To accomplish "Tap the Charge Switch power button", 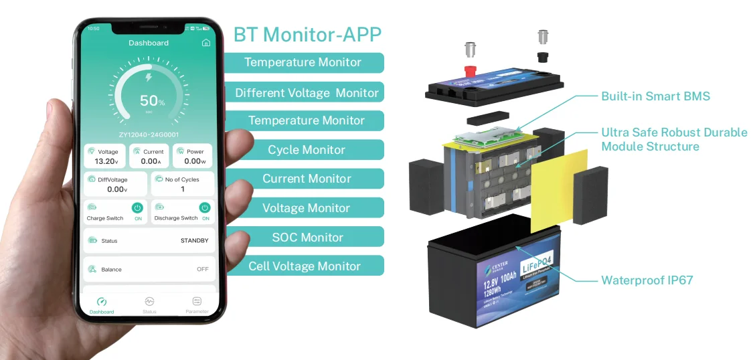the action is tap(137, 208).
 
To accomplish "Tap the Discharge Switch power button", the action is tap(205, 208).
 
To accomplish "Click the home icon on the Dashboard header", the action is tap(206, 43).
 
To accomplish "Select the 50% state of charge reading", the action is tap(152, 101).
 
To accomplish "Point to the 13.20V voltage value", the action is tap(107, 161).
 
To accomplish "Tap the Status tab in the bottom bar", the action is tap(149, 305).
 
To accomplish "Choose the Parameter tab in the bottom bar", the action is tap(197, 305).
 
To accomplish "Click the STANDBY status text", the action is tap(194, 240).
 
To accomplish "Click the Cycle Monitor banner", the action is tap(307, 150).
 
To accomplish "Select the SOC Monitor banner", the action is tap(307, 237).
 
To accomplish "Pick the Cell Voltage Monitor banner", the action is tap(305, 266).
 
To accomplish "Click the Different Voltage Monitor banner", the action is tap(307, 92).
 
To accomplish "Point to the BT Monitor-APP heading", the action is tap(308, 34).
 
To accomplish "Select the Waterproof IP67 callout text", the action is tap(647, 280).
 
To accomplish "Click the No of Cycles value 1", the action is tap(183, 189).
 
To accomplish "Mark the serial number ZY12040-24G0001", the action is tap(149, 134).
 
